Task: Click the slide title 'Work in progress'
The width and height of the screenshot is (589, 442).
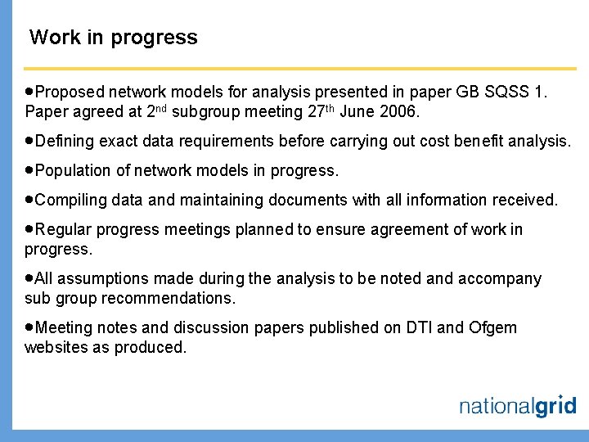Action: coord(113,38)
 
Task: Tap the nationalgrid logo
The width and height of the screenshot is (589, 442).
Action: coord(517,406)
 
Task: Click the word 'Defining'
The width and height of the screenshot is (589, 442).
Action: coord(65,141)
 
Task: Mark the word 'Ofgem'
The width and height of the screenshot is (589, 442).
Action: coord(493,327)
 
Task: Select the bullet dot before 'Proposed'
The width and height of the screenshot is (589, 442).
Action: coord(30,92)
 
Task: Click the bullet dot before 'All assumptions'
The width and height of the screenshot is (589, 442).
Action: coord(30,278)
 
